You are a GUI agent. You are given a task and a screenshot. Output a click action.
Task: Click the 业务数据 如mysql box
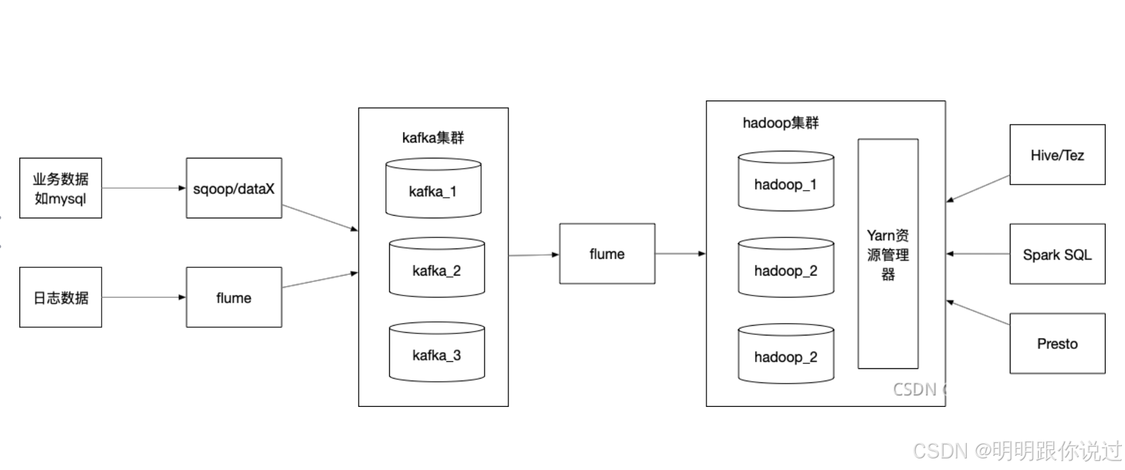click(x=60, y=188)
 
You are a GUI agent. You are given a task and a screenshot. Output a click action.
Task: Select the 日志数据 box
click(x=60, y=297)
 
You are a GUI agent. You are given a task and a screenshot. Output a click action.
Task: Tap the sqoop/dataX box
click(x=233, y=188)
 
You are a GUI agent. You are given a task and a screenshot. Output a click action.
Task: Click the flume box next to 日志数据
click(x=233, y=297)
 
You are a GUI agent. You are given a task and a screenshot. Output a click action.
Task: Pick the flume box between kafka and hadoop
click(x=607, y=254)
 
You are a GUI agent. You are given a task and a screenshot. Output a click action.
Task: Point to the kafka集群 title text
click(x=432, y=138)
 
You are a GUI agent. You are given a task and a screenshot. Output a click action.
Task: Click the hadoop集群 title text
click(x=780, y=123)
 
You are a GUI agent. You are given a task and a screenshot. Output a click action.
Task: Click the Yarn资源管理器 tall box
click(x=888, y=254)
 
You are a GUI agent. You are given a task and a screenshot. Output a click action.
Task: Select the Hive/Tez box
click(x=1057, y=155)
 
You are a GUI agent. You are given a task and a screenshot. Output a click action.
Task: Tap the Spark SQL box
click(x=1057, y=254)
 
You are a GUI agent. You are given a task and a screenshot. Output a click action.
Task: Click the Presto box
click(x=1057, y=343)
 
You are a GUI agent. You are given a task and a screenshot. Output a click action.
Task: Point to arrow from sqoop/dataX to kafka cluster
click(x=320, y=218)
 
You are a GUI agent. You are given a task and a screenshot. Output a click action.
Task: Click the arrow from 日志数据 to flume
click(x=143, y=297)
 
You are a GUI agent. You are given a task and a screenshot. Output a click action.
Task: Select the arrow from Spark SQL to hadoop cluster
click(x=978, y=254)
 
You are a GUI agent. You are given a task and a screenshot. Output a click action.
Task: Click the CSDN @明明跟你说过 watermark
click(x=1017, y=451)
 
